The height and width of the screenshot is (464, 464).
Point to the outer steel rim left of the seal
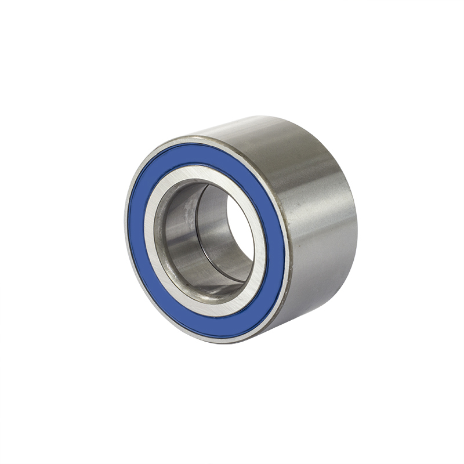(x=128, y=220)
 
